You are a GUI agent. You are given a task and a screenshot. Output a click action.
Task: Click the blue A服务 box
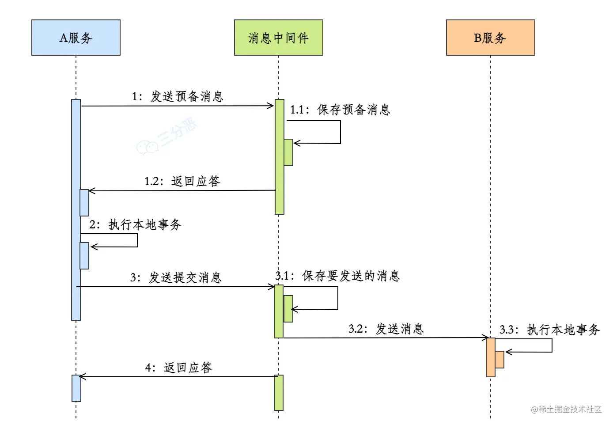(76, 38)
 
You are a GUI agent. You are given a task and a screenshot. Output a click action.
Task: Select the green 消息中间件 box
(278, 38)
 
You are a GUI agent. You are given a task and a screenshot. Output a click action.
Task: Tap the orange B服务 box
(490, 38)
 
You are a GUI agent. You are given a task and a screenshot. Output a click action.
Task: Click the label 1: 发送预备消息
(178, 96)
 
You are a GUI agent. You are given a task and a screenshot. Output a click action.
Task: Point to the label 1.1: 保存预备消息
(340, 110)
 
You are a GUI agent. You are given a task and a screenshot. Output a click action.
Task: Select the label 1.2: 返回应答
(182, 181)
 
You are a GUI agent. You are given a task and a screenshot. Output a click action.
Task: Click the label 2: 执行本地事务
(135, 224)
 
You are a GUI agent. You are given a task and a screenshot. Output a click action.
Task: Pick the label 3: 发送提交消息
(176, 277)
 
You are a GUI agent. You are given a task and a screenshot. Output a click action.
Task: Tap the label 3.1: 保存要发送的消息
(337, 276)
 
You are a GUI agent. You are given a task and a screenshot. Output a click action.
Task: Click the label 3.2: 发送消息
(386, 329)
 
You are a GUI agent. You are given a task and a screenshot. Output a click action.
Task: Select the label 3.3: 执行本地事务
(549, 330)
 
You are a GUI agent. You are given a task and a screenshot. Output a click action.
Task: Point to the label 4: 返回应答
(178, 368)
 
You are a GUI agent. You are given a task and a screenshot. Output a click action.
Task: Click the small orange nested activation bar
(499, 359)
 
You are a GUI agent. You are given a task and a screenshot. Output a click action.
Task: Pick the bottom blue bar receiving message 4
(76, 389)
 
